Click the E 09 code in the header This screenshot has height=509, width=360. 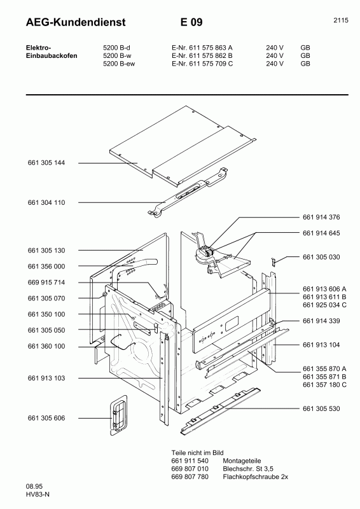[x=191, y=22]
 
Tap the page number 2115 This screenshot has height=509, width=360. [x=340, y=20]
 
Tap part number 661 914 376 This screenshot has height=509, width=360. [x=322, y=217]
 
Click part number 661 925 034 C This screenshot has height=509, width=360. [x=325, y=305]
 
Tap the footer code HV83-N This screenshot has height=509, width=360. [x=20, y=496]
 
